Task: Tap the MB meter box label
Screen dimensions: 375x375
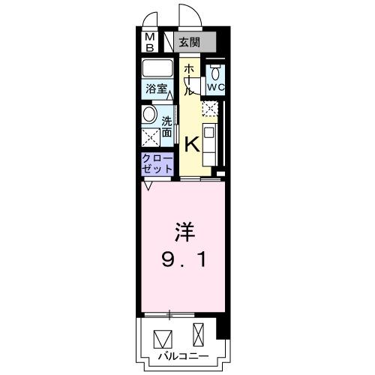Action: coord(149,41)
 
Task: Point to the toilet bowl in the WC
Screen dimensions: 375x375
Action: coord(215,73)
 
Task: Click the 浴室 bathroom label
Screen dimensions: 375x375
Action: coord(156,87)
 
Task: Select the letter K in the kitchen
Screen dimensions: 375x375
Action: coord(192,142)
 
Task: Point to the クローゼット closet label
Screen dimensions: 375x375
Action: coord(157,164)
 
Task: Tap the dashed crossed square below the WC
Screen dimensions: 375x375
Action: coord(211,110)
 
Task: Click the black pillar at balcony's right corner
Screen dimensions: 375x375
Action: coord(220,327)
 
